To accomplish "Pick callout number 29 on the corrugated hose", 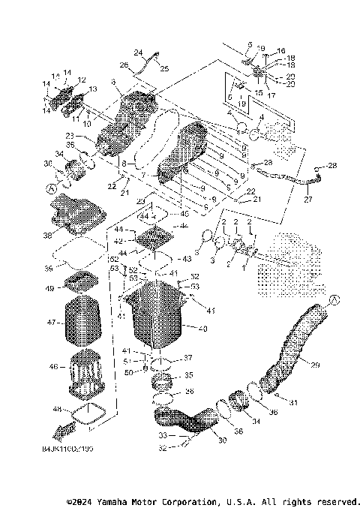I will tap(314, 365).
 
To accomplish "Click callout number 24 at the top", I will tap(138, 53).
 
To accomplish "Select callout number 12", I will tap(82, 80).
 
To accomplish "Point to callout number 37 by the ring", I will tap(188, 358).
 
